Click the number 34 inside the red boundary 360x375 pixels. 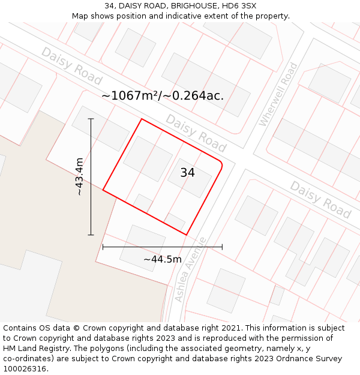point(187,173)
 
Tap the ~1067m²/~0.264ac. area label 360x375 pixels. point(163,95)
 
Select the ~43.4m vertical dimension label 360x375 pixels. point(79,176)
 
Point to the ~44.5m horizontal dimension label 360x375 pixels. point(162,259)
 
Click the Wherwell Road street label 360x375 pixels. point(278,95)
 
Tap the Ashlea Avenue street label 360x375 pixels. point(190,269)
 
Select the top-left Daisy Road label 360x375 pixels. point(71,65)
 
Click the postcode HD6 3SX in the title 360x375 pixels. point(239,6)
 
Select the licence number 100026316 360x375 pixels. point(25,369)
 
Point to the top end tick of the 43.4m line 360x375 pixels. point(91,119)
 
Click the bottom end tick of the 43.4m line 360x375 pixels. point(91,235)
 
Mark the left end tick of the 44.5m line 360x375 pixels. point(103,247)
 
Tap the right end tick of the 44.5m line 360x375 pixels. point(222,247)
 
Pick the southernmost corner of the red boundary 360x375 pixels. point(186,235)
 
